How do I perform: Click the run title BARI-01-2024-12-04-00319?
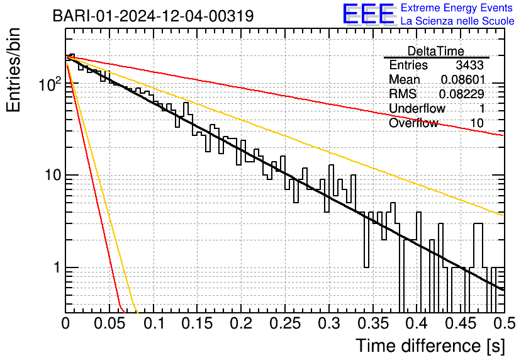pos(153,16)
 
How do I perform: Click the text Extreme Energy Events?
pos(457,8)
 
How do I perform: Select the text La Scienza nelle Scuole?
pos(457,21)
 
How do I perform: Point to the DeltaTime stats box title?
pos(436,51)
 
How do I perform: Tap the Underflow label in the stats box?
pos(417,109)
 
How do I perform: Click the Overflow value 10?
pos(477,123)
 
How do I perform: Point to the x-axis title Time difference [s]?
pos(430,346)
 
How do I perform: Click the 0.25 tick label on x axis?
pos(285,323)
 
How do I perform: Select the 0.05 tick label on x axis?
pos(109,323)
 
